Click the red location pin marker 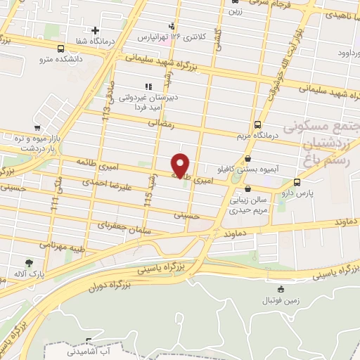click(181, 165)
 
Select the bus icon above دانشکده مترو click(61, 49)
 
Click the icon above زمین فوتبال click(281, 288)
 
